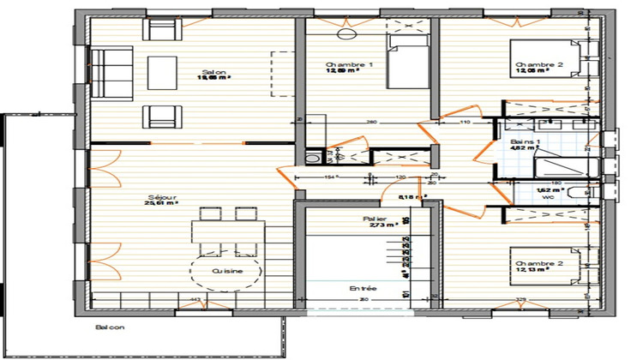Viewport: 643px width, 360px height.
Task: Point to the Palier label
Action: coord(374,219)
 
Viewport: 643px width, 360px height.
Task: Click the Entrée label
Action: coord(363,289)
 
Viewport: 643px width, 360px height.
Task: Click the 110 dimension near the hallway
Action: coord(466,123)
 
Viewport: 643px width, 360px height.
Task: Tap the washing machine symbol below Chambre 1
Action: coord(313,158)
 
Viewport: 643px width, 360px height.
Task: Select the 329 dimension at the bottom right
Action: coord(520,300)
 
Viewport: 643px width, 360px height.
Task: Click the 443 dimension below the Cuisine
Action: coord(195,300)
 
